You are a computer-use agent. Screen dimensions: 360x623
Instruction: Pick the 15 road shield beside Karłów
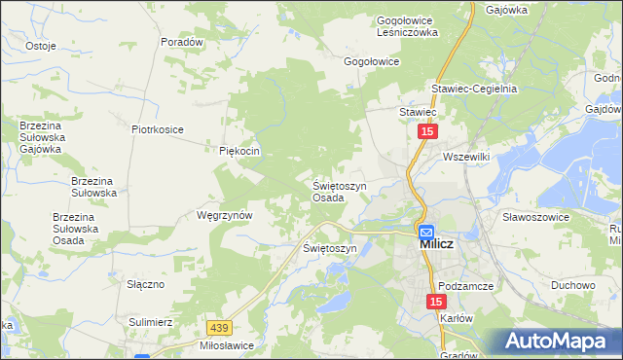point(434,304)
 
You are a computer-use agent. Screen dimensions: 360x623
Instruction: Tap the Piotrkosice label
point(158,128)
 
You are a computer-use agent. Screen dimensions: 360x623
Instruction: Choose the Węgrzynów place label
point(225,215)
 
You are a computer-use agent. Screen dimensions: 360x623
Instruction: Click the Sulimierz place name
point(150,320)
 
